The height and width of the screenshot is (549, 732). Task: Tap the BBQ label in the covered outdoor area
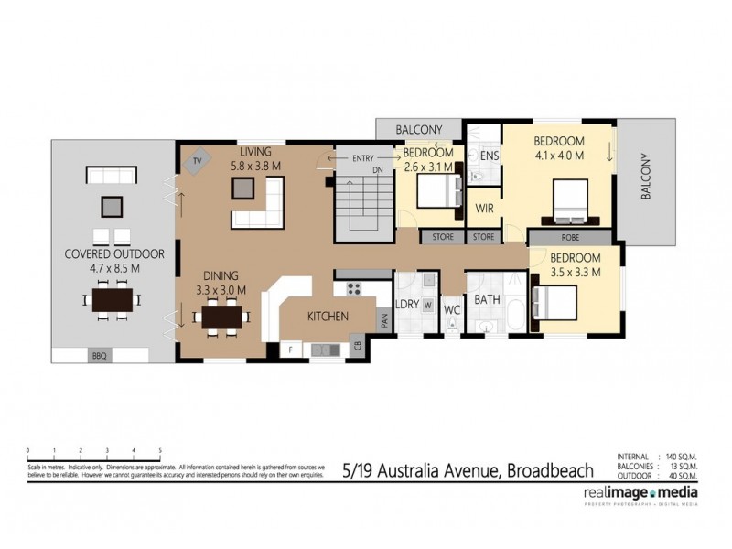click(99, 355)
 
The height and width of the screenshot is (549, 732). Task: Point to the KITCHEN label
click(327, 317)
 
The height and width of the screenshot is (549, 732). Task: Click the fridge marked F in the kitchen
click(290, 350)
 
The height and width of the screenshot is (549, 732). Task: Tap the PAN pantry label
click(384, 320)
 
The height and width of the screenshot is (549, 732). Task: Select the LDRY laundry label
click(406, 305)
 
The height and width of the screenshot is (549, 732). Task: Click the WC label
click(451, 309)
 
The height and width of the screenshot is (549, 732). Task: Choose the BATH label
click(486, 299)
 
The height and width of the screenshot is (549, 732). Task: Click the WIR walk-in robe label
click(485, 209)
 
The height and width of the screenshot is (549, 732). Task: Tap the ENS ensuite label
click(490, 156)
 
